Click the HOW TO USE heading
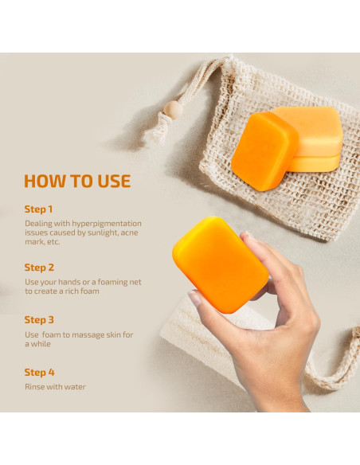[77, 181]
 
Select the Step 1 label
[38, 209]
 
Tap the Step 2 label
[39, 268]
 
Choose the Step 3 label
[39, 320]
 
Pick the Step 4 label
[40, 373]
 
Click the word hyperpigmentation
[107, 224]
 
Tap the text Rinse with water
[55, 387]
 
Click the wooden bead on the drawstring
[173, 110]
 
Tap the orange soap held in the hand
[221, 264]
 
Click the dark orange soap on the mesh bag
[264, 151]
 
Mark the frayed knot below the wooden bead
[161, 128]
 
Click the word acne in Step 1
[130, 232]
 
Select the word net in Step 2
[136, 282]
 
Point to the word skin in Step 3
[113, 334]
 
